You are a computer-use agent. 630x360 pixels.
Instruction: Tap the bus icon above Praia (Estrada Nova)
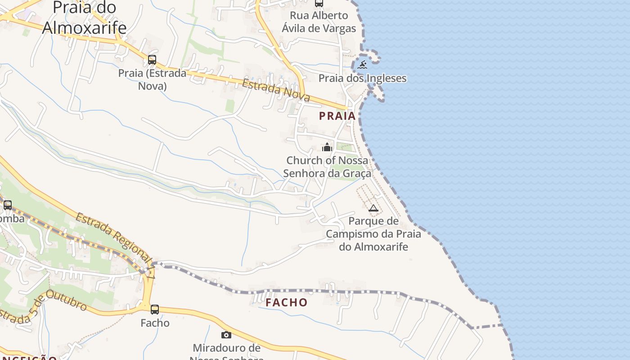pyautogui.click(x=152, y=60)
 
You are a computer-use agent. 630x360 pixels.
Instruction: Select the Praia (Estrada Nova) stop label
pyautogui.click(x=152, y=79)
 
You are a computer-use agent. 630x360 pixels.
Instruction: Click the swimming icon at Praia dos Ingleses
pyautogui.click(x=362, y=65)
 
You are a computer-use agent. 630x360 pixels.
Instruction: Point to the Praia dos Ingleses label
pyautogui.click(x=362, y=78)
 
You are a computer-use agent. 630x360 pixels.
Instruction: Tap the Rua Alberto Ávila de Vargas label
pyautogui.click(x=319, y=22)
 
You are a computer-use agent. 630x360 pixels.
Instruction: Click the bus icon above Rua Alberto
pyautogui.click(x=319, y=3)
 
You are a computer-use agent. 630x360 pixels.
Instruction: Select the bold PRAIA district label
pyautogui.click(x=337, y=116)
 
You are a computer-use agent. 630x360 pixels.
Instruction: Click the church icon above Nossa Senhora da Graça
pyautogui.click(x=327, y=147)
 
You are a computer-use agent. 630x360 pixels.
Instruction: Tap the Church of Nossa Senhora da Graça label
pyautogui.click(x=327, y=167)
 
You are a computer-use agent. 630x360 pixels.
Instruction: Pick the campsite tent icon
pyautogui.click(x=373, y=208)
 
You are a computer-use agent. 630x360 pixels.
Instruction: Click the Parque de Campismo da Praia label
pyautogui.click(x=373, y=234)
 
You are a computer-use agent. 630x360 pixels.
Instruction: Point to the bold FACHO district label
pyautogui.click(x=286, y=302)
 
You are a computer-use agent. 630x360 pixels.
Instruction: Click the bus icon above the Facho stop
pyautogui.click(x=155, y=310)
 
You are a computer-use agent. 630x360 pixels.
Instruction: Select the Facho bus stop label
pyautogui.click(x=155, y=323)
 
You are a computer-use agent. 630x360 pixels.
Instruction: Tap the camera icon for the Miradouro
pyautogui.click(x=226, y=335)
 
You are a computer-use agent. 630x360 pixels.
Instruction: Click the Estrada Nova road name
pyautogui.click(x=276, y=90)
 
